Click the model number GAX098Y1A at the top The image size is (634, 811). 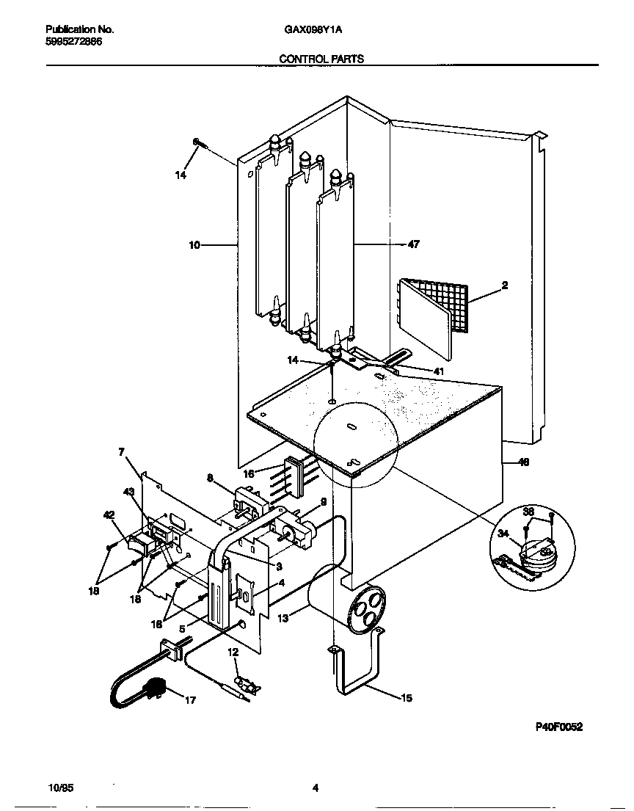coord(313,30)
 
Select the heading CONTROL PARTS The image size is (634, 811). coord(322,59)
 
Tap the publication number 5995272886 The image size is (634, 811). coord(73,42)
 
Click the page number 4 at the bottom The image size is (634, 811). coord(315,788)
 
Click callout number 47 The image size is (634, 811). coord(413,244)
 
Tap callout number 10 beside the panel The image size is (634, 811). coord(194,245)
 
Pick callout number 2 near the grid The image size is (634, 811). coord(505,285)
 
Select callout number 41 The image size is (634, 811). coord(438,371)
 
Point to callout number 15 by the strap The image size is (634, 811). coord(406,698)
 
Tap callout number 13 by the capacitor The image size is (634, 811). coord(283,619)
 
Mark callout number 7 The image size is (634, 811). coord(122,452)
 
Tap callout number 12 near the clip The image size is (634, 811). coord(233,651)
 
